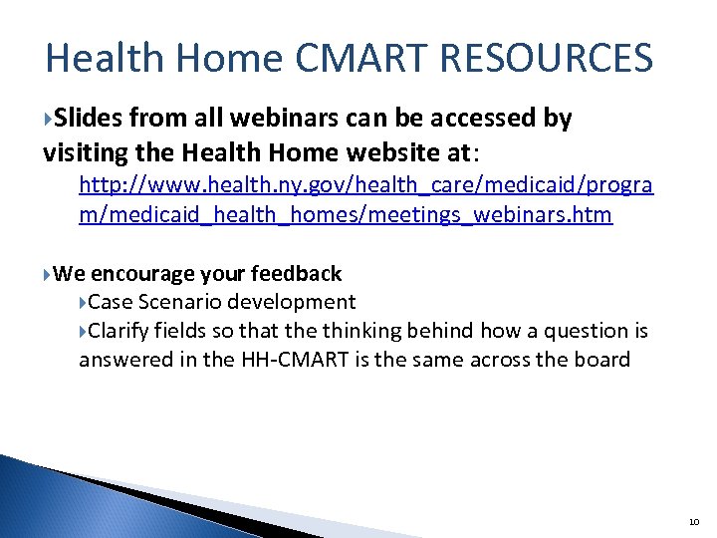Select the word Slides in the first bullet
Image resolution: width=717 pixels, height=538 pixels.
tap(88, 119)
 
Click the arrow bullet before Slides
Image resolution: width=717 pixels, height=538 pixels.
tap(49, 120)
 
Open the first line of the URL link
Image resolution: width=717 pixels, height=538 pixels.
tap(365, 185)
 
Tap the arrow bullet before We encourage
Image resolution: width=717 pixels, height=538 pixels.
tap(49, 274)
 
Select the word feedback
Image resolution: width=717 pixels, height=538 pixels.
tap(296, 273)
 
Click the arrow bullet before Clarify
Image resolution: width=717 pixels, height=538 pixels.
tap(85, 331)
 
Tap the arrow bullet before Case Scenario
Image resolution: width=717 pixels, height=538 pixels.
tap(85, 302)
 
